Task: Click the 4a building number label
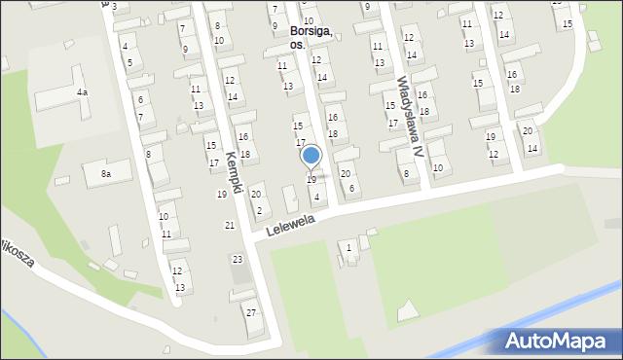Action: [82, 91]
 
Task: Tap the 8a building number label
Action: [105, 174]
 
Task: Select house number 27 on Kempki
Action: [250, 312]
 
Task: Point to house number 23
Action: [237, 260]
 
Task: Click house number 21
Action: [230, 226]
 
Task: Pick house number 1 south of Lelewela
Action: [349, 248]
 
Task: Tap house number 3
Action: [114, 7]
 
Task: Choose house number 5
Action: [130, 63]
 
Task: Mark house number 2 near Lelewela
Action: [258, 211]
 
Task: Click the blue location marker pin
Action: [311, 156]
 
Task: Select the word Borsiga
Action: [311, 31]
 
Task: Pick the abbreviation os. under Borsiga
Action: [298, 45]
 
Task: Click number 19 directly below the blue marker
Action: [311, 180]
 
